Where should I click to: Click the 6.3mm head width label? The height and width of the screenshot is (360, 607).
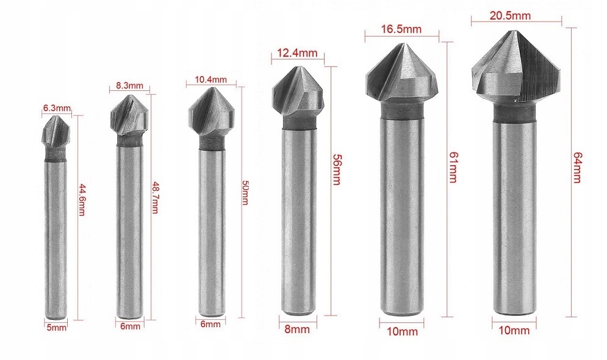[57, 108]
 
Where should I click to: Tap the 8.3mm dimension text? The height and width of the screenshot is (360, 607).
[129, 85]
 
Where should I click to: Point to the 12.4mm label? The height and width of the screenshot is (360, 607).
[298, 53]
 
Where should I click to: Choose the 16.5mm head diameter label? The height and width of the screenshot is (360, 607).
[401, 29]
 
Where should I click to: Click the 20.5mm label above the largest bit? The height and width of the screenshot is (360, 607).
[510, 15]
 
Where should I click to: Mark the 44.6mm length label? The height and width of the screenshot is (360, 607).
[82, 200]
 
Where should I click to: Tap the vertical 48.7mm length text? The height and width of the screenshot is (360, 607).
[154, 198]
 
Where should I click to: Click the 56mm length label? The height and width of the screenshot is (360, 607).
[336, 170]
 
